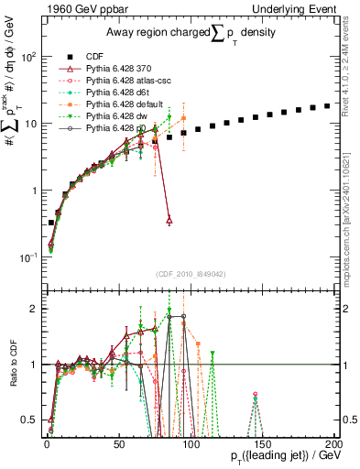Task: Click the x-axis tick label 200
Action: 334,442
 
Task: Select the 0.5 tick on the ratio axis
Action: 29,420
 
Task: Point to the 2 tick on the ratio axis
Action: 34,309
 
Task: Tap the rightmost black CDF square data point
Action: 327,106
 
